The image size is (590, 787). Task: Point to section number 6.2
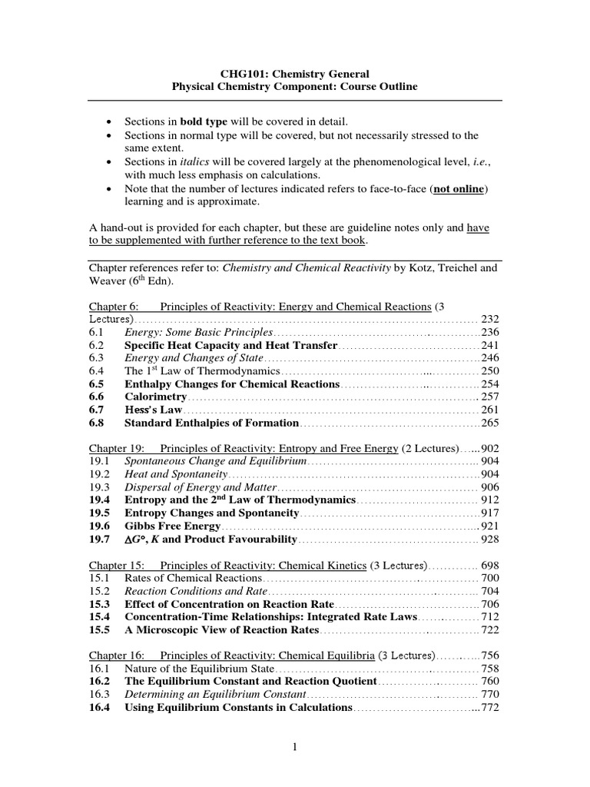coord(96,346)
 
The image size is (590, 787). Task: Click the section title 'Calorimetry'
coord(156,397)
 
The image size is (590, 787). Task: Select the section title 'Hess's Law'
coord(151,410)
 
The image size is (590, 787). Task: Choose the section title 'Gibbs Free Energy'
coord(173,526)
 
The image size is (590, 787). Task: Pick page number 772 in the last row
coord(490,707)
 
